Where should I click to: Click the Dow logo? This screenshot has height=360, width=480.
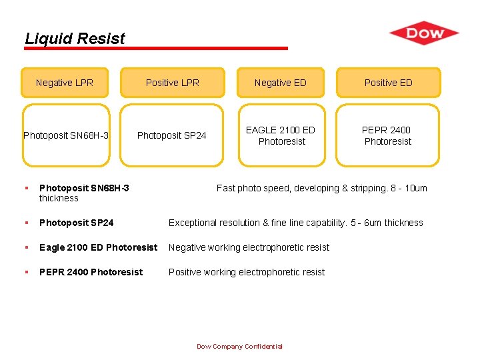424,33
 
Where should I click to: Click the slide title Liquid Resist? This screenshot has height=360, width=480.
75,39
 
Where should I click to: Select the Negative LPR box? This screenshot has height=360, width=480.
65,83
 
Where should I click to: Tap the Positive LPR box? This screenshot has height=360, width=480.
172,83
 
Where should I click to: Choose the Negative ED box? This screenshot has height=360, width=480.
281,83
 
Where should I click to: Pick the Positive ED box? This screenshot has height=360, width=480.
388,83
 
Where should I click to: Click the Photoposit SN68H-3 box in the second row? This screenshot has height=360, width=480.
66,135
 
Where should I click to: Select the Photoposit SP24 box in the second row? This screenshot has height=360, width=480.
172,135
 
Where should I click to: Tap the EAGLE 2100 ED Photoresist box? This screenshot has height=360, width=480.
281,135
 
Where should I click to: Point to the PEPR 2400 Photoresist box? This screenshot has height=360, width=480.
387,135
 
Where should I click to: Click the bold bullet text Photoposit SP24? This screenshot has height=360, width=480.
77,223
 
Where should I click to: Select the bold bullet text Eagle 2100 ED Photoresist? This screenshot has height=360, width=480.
98,247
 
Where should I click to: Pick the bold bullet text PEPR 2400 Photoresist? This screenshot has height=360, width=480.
91,272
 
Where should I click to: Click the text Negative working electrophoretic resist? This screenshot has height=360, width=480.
249,247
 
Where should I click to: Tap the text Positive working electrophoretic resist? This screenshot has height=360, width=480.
247,272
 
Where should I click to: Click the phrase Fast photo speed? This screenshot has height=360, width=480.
253,188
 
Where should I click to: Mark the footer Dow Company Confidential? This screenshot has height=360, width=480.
239,346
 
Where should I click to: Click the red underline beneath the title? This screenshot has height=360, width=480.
156,49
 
